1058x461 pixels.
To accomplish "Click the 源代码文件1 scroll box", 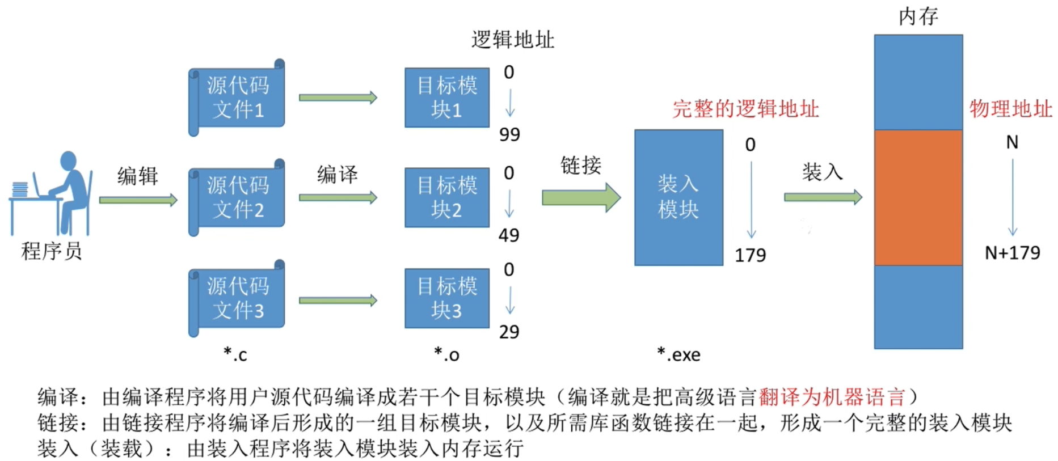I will point(237,98).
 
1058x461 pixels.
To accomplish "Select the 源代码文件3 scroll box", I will point(237,298).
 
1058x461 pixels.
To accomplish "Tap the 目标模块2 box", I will point(447,197).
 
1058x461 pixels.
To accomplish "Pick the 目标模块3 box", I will point(447,298).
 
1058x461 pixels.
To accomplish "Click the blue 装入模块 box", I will point(678,197).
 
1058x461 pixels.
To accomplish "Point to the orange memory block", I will point(918,197).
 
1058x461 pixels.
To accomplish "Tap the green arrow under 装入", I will point(823,197).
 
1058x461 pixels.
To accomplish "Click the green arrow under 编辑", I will point(138,200).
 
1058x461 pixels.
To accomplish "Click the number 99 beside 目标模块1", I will point(509,135).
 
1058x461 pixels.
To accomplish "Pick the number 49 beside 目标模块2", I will point(509,235).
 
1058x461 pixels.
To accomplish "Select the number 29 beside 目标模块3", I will point(509,332).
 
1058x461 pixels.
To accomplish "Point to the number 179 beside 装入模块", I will point(750,256).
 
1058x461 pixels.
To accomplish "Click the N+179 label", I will point(1012,253).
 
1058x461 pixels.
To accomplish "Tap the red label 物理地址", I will point(1010,109).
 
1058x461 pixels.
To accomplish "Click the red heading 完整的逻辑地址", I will point(745,109).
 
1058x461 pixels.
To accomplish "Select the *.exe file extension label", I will point(678,354).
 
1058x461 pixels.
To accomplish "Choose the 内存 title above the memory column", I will point(918,16).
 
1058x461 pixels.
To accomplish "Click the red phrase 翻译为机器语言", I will point(832,397).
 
